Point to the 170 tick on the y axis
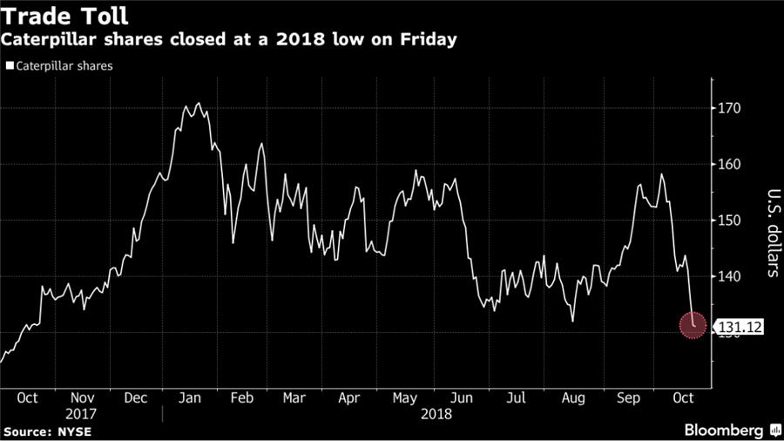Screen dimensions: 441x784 pyautogui.click(x=729, y=108)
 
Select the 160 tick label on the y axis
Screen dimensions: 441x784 pyautogui.click(x=729, y=164)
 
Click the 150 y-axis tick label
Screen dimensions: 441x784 pyautogui.click(x=729, y=220)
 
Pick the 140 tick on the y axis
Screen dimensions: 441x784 pyautogui.click(x=729, y=276)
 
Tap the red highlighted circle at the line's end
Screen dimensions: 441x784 pyautogui.click(x=693, y=326)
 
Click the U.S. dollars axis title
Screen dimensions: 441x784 pyautogui.click(x=772, y=233)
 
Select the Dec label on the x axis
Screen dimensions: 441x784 pyautogui.click(x=135, y=397)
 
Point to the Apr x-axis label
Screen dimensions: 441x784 pyautogui.click(x=348, y=397)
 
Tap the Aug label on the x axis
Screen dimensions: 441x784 pyautogui.click(x=572, y=397)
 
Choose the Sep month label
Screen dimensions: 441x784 pyautogui.click(x=629, y=397)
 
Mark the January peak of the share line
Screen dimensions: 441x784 pyautogui.click(x=198, y=104)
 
